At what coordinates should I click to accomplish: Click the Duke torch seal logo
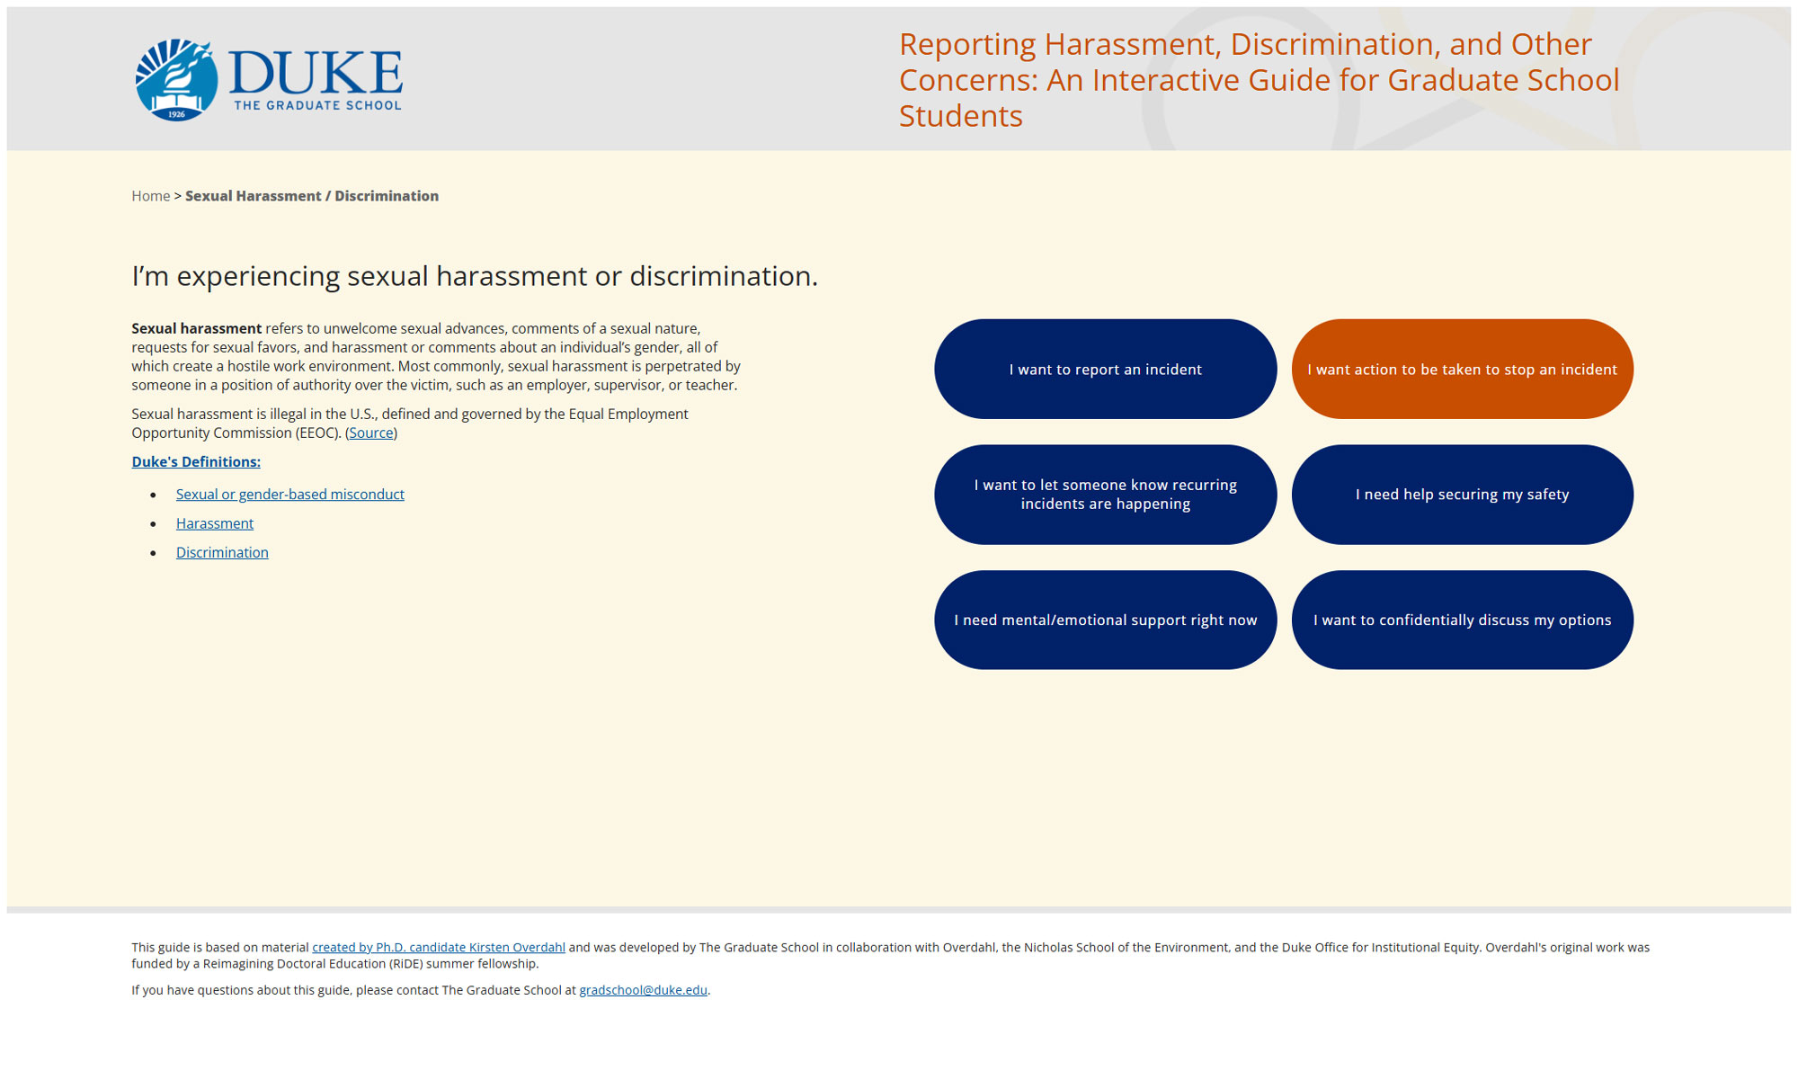(176, 79)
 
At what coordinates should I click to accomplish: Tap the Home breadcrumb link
(151, 196)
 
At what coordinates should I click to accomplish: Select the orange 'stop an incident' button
(1462, 369)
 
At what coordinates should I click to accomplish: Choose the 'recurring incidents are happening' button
(1105, 495)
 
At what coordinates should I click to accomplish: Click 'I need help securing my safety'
(1462, 495)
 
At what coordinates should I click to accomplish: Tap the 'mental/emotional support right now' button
(1105, 620)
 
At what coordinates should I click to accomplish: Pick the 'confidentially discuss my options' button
(1462, 620)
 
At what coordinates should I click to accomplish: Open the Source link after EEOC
(371, 433)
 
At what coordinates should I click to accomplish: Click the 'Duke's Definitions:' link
(196, 461)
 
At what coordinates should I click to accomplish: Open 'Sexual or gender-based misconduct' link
(290, 495)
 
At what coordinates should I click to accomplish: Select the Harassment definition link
(215, 523)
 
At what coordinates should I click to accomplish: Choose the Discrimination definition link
(222, 552)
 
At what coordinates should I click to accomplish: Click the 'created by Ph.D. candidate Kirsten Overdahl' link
(439, 947)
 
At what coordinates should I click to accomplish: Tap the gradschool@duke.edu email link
(643, 990)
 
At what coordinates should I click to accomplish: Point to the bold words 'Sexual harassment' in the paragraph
(197, 328)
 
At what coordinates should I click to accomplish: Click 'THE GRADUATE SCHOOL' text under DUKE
(317, 105)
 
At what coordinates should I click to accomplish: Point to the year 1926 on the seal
(176, 114)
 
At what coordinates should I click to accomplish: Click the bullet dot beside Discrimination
(154, 553)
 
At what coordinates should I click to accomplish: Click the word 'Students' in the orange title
(961, 116)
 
